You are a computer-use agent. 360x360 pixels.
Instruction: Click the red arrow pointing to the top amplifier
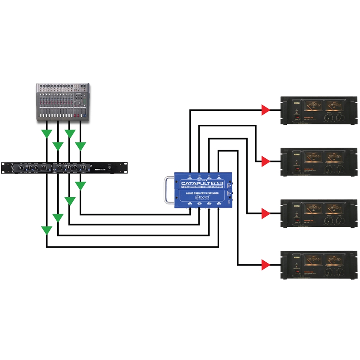266,110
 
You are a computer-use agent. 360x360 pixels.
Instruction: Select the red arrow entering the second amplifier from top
266,162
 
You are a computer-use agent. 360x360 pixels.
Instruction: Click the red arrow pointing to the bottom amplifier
266,264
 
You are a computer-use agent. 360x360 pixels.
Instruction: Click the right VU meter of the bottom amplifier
335,261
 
